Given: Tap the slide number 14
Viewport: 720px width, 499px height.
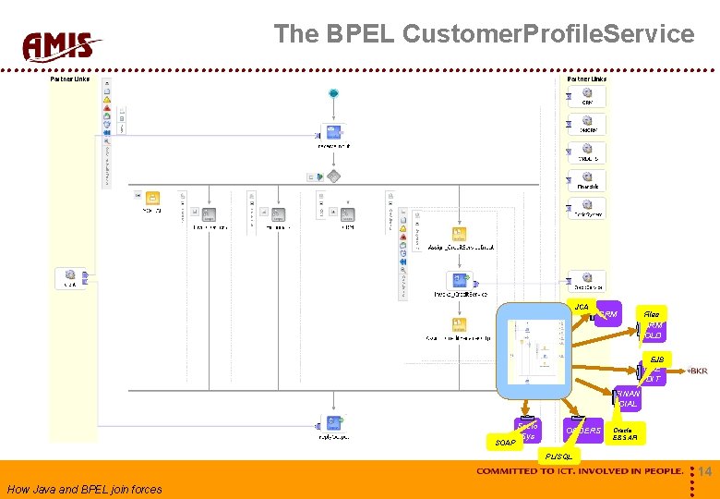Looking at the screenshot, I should pos(704,472).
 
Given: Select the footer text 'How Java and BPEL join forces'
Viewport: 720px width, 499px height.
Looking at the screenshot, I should pos(84,490).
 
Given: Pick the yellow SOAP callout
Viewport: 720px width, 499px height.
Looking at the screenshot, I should pos(506,443).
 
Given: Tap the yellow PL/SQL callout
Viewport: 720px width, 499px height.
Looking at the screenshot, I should pos(558,456).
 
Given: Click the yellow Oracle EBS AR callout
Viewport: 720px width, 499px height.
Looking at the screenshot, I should pos(627,433).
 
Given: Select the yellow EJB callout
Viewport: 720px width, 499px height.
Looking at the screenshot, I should pos(656,359).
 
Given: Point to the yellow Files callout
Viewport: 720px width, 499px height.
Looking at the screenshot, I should pos(652,315).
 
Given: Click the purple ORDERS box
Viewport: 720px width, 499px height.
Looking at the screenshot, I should pos(582,431).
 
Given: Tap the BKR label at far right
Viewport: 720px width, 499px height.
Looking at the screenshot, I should pos(697,371).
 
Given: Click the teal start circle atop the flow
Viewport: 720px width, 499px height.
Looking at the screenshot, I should pos(333,93).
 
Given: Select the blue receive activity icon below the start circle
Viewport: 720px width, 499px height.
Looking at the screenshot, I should pos(332,131).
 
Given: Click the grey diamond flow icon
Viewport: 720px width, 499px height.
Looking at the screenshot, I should pos(333,176).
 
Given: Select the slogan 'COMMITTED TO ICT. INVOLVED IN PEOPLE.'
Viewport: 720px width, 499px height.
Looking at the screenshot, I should pos(579,472).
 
